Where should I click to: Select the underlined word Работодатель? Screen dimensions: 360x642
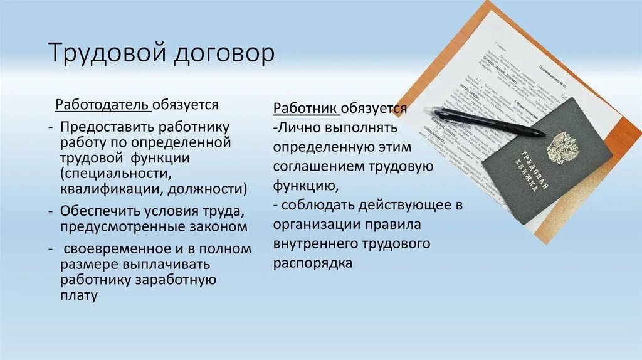tap(103, 104)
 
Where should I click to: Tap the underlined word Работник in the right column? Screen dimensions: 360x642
tap(306, 108)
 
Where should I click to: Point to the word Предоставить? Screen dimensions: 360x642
tap(110, 127)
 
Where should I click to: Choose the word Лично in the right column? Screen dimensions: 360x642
tap(298, 127)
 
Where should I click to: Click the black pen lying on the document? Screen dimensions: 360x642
tap(489, 122)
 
